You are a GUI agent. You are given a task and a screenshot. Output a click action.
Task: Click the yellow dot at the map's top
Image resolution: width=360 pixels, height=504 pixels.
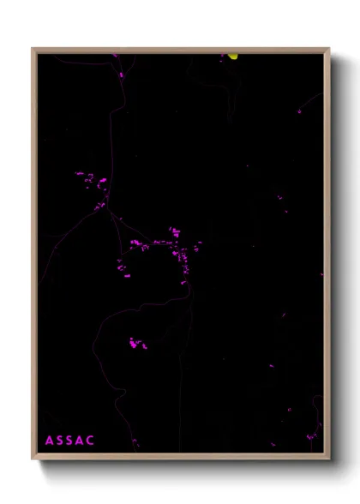pos(232,57)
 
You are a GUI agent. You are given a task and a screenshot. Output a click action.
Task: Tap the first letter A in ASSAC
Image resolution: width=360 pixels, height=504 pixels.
pos(50,441)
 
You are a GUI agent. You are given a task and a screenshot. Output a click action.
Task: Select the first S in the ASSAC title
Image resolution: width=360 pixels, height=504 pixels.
pos(60,441)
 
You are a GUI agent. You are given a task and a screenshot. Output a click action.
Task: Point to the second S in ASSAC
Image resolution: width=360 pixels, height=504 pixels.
pos(70,441)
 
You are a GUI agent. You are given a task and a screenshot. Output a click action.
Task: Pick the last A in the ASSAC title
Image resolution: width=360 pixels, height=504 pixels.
pos(81,441)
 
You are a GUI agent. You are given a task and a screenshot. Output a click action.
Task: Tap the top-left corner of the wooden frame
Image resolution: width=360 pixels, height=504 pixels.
pos(33,48)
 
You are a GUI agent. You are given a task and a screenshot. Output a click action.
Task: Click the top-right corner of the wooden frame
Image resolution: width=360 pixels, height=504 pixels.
pos(329,48)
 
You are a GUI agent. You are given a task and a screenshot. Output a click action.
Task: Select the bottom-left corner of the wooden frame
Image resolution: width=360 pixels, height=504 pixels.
pos(33,459)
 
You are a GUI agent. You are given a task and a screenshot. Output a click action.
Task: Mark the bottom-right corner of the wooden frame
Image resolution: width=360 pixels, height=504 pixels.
pos(329,459)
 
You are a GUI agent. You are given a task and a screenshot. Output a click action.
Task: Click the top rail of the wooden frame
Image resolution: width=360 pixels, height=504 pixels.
pos(180,49)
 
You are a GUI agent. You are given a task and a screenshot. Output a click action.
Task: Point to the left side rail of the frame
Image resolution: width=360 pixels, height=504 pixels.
pos(33,257)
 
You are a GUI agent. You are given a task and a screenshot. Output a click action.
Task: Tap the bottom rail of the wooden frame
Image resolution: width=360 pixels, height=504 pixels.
pos(180,458)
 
